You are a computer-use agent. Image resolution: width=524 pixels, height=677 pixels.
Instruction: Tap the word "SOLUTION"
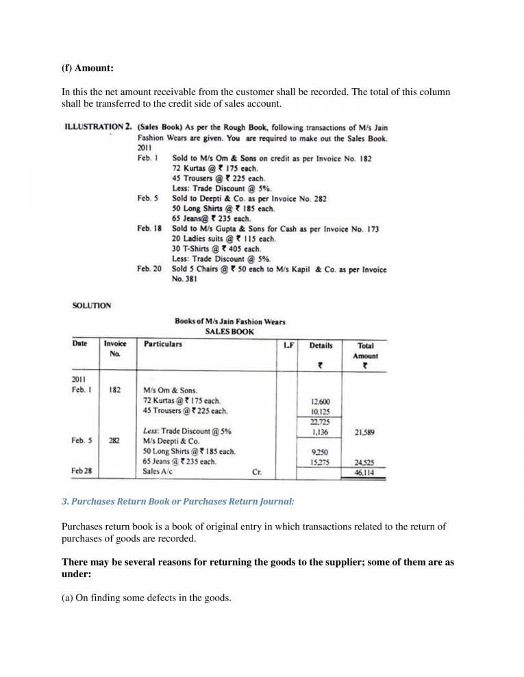coord(92,306)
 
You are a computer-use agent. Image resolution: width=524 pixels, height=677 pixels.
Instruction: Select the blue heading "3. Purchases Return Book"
coord(178,501)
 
